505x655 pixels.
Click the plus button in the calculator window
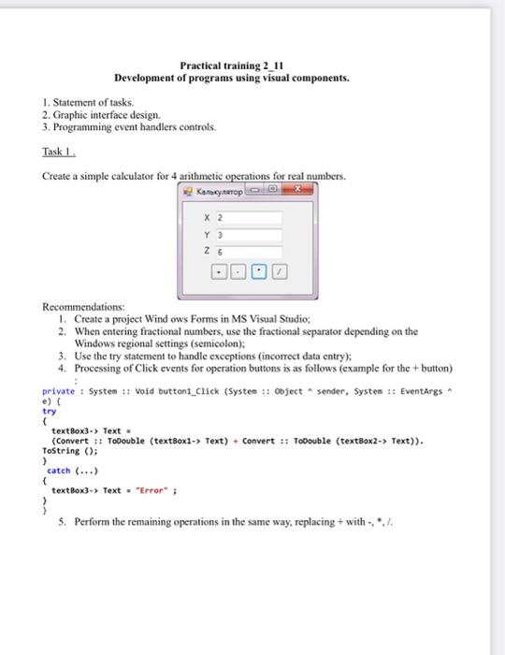(x=218, y=272)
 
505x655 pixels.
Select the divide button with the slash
(x=281, y=272)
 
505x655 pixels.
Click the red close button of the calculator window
(x=298, y=190)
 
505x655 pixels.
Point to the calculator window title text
(x=218, y=191)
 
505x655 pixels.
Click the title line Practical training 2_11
(x=231, y=65)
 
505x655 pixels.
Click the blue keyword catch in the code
(x=59, y=470)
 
